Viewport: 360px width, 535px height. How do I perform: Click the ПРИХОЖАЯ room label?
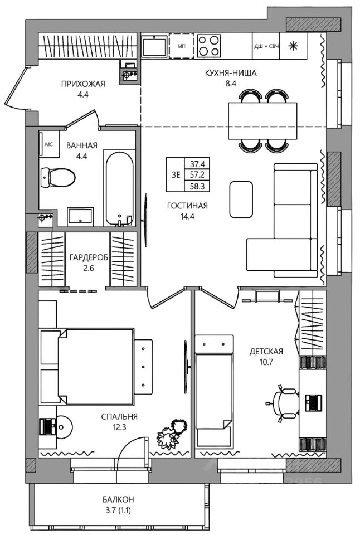[83, 84]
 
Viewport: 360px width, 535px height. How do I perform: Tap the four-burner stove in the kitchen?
[209, 46]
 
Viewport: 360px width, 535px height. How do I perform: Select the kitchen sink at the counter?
[154, 46]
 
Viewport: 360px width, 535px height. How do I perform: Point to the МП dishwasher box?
[181, 46]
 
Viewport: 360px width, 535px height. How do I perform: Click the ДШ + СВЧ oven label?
[266, 46]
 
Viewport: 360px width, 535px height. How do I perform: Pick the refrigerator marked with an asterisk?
[293, 46]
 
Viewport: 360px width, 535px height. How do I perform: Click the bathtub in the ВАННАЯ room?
[119, 189]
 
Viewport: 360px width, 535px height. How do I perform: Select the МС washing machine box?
[49, 144]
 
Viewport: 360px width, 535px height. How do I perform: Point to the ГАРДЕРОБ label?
[89, 257]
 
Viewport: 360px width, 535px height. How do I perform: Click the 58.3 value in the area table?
[197, 187]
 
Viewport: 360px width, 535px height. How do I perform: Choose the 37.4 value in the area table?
[197, 163]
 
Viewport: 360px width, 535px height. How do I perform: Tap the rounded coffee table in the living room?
[241, 200]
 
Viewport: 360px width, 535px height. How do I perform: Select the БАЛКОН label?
[118, 499]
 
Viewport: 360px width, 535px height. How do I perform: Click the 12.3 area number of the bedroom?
[119, 426]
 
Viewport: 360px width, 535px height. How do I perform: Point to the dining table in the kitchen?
[262, 120]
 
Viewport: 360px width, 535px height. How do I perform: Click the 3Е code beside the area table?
[176, 175]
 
